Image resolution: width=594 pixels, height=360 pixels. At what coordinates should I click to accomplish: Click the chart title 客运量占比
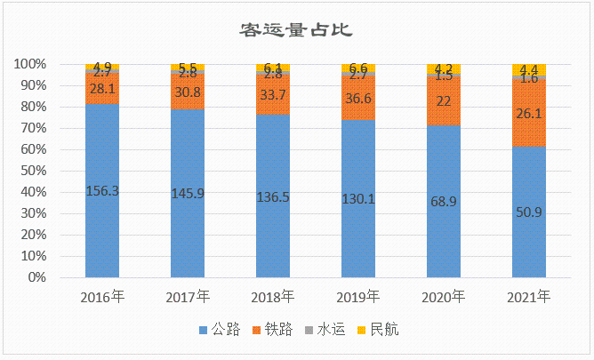coord(296,31)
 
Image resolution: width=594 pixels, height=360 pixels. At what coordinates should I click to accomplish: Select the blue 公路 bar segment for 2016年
coord(102,231)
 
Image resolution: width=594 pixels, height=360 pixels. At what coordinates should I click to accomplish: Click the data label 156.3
coord(102,189)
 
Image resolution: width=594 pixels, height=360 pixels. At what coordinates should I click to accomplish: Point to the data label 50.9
coord(528,212)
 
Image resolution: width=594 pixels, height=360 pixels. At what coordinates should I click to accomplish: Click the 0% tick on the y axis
coord(35,277)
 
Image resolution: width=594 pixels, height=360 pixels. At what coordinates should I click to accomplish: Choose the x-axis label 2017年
coord(188,296)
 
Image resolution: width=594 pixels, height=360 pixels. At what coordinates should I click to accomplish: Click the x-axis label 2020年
coord(443,296)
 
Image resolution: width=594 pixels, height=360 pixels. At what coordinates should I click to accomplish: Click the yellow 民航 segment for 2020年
coord(443,68)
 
